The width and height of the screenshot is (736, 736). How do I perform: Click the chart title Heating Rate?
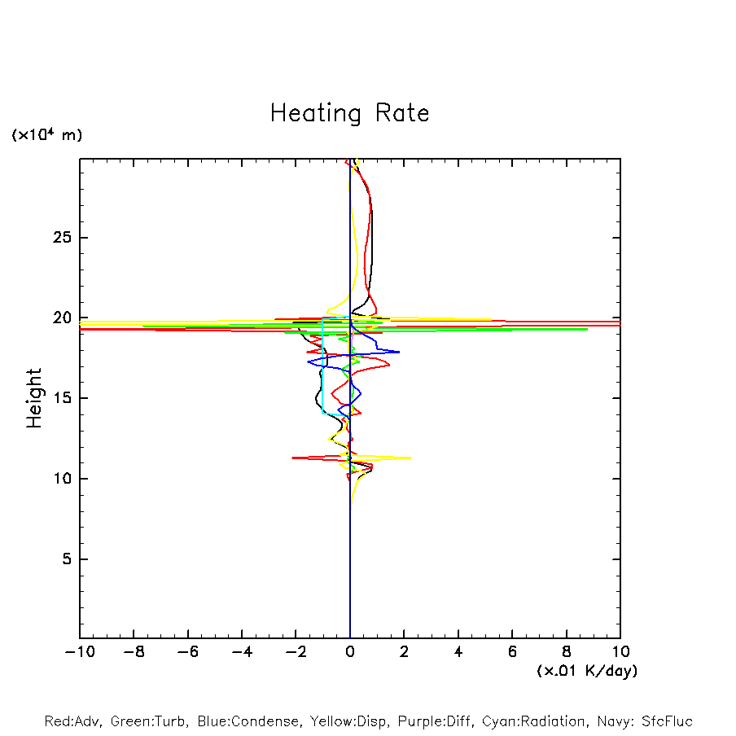point(349,113)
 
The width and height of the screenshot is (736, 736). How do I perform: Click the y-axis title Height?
point(34,398)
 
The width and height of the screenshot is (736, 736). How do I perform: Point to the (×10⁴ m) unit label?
point(46,135)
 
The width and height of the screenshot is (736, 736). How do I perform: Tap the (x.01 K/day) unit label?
point(586,671)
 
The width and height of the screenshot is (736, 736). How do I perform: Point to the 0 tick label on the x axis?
point(350,652)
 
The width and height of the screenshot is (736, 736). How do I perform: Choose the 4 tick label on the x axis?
point(458,652)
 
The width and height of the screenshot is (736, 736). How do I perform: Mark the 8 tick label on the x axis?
point(567,652)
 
